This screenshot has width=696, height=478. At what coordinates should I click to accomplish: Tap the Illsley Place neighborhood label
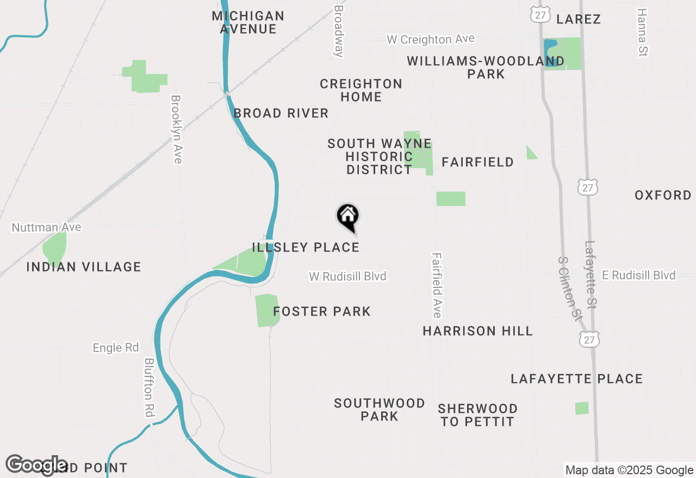click(x=306, y=248)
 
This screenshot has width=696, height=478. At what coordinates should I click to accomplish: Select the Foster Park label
click(x=322, y=312)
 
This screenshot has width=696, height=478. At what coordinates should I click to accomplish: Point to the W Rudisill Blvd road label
click(x=347, y=276)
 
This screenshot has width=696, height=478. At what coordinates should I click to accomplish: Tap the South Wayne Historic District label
click(x=379, y=156)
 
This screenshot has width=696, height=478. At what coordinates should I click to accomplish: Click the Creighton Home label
click(x=361, y=90)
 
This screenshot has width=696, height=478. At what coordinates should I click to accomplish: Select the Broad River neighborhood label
click(x=281, y=114)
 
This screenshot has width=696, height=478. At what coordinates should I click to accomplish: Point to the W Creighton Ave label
click(x=430, y=39)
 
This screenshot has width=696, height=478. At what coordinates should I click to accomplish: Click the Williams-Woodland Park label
click(x=486, y=67)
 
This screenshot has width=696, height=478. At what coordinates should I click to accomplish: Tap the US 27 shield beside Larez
click(x=540, y=15)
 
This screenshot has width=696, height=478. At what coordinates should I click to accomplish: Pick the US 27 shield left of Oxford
click(x=588, y=186)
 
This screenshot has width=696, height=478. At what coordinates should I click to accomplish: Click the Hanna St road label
click(x=643, y=33)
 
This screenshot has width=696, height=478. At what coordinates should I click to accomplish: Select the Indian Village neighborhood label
click(x=84, y=267)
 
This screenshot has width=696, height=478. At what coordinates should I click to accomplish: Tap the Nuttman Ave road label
click(x=46, y=227)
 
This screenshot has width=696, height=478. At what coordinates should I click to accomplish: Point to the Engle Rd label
click(x=116, y=348)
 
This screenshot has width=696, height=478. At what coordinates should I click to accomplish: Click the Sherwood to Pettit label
click(x=477, y=415)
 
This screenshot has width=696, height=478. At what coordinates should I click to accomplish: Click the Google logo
click(x=36, y=465)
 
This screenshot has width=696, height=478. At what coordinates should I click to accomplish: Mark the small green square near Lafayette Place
click(x=582, y=408)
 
